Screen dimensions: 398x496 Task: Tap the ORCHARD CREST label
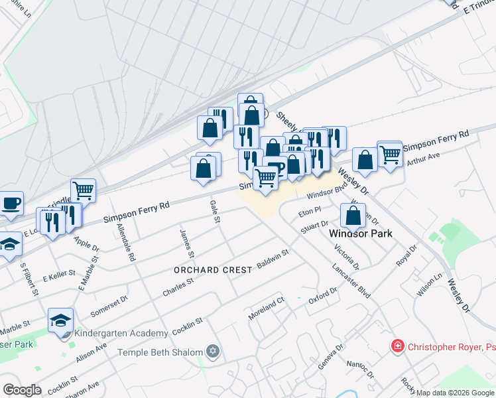tap(213, 270)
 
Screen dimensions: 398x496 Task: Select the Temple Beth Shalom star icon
tap(213, 351)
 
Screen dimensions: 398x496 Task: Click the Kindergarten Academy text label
tap(121, 333)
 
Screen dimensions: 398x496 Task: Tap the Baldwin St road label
tap(273, 259)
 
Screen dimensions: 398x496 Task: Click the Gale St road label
tap(214, 211)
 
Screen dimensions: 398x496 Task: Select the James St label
tap(186, 243)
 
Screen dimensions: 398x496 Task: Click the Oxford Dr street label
tap(322, 296)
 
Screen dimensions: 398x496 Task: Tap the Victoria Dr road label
tap(346, 257)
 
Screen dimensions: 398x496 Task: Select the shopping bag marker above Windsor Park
tap(353, 215)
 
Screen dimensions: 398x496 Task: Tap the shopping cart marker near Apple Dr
tap(83, 191)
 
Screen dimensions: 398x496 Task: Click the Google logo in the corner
tap(22, 390)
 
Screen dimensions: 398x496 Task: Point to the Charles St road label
tap(178, 287)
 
